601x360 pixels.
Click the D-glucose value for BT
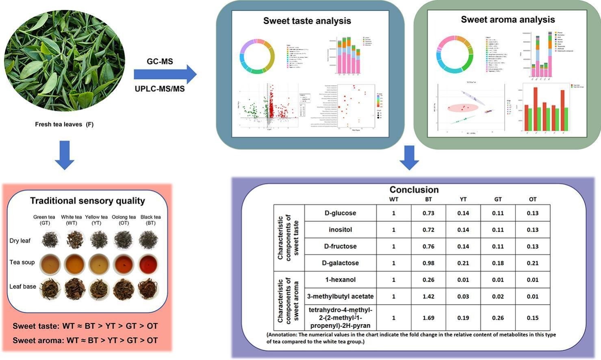[428, 213]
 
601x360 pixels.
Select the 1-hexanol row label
[340, 280]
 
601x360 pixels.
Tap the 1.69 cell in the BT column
[428, 318]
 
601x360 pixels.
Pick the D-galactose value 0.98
[428, 263]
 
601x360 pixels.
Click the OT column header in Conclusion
[532, 199]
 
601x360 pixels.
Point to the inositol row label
[340, 230]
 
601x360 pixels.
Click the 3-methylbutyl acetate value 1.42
[428, 296]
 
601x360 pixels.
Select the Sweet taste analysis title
[307, 21]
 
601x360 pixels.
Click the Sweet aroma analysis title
[508, 20]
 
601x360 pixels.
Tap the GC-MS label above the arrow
[160, 61]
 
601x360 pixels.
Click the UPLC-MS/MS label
[160, 89]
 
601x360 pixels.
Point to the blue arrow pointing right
[165, 74]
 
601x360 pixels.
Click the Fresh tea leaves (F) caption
[64, 124]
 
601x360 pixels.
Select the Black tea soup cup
[148, 265]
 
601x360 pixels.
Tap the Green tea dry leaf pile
[50, 240]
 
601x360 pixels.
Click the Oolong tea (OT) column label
[124, 220]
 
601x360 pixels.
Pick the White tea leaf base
[74, 288]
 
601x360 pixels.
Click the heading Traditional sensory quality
[87, 201]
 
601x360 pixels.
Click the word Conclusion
[414, 190]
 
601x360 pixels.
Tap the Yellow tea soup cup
[99, 265]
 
